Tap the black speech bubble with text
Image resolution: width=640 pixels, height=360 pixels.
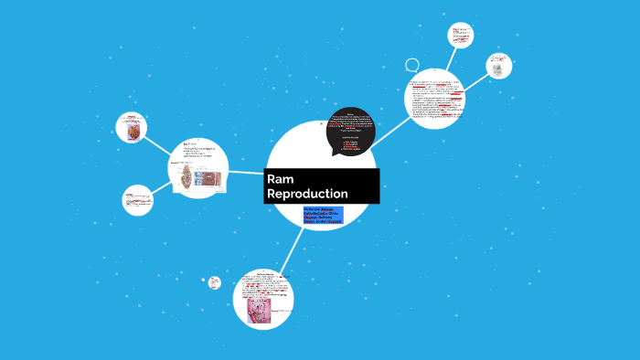pos(350,131)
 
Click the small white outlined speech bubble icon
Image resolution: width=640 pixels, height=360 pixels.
pos(412,66)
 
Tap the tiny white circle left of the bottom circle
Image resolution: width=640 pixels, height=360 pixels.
pos(215,282)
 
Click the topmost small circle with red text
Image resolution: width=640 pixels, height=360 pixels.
pos(460,36)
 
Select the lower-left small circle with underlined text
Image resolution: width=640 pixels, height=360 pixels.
pos(137,200)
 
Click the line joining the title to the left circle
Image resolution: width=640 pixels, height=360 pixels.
pos(246,172)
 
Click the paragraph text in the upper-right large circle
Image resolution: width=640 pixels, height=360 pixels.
pos(437,101)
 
